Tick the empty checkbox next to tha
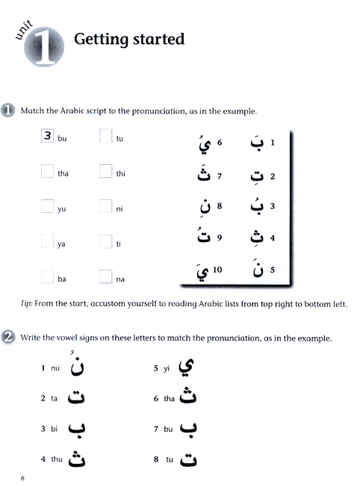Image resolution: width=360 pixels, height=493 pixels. [47, 172]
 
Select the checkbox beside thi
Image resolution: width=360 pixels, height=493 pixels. [105, 172]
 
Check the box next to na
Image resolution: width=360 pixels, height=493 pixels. [105, 278]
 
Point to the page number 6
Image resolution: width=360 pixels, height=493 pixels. [23, 478]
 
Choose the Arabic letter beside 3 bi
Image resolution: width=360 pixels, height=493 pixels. [75, 430]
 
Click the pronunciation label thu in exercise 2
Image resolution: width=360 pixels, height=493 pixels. [55, 459]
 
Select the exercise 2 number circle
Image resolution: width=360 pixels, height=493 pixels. [9, 337]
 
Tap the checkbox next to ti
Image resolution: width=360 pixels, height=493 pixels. [105, 243]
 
